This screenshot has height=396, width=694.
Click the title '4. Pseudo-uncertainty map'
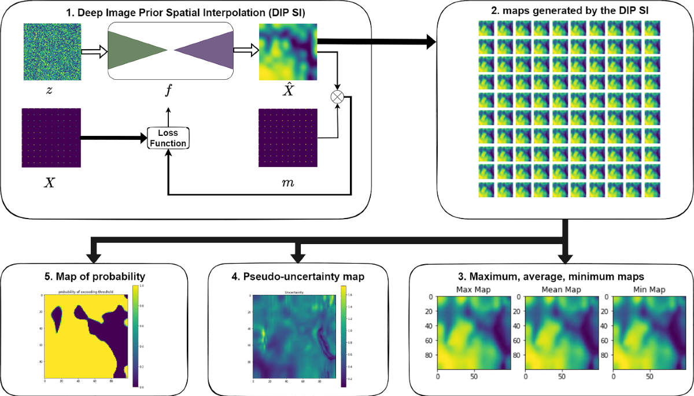coord(298,275)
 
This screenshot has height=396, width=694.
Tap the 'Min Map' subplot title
coord(649,289)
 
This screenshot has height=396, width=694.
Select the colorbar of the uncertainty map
coord(343,336)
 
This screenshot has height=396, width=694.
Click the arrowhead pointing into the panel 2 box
coord(431,42)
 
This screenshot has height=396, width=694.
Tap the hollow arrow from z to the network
coord(94,52)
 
